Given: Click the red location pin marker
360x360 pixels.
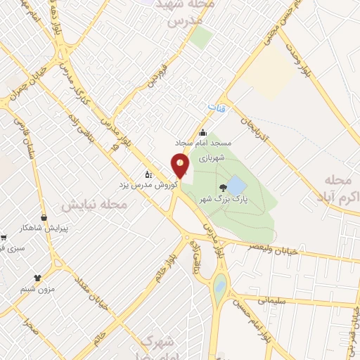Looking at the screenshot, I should [181, 166].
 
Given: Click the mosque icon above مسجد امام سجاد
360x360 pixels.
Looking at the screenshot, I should [203, 133].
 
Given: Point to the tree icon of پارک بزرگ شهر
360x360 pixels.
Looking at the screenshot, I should [223, 186].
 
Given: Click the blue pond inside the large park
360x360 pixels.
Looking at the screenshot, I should [237, 186].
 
